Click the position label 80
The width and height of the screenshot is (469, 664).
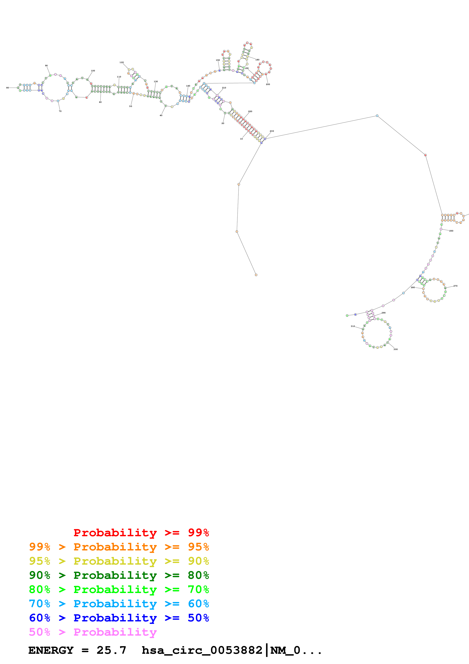8,88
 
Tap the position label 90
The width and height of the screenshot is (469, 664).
46,66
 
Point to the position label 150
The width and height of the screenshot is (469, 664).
218,60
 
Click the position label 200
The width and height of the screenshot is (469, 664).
268,84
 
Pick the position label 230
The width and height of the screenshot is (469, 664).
272,131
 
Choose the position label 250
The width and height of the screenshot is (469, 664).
451,231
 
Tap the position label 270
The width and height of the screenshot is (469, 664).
455,286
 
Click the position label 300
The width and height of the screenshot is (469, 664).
396,349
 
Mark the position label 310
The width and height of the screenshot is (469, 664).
353,326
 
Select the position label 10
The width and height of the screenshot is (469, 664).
241,139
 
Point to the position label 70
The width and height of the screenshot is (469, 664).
60,111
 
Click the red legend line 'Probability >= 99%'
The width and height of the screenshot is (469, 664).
141,532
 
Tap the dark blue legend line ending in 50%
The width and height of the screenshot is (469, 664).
119,618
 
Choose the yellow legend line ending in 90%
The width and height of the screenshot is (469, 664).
119,561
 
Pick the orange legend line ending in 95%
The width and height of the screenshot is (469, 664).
119,547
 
